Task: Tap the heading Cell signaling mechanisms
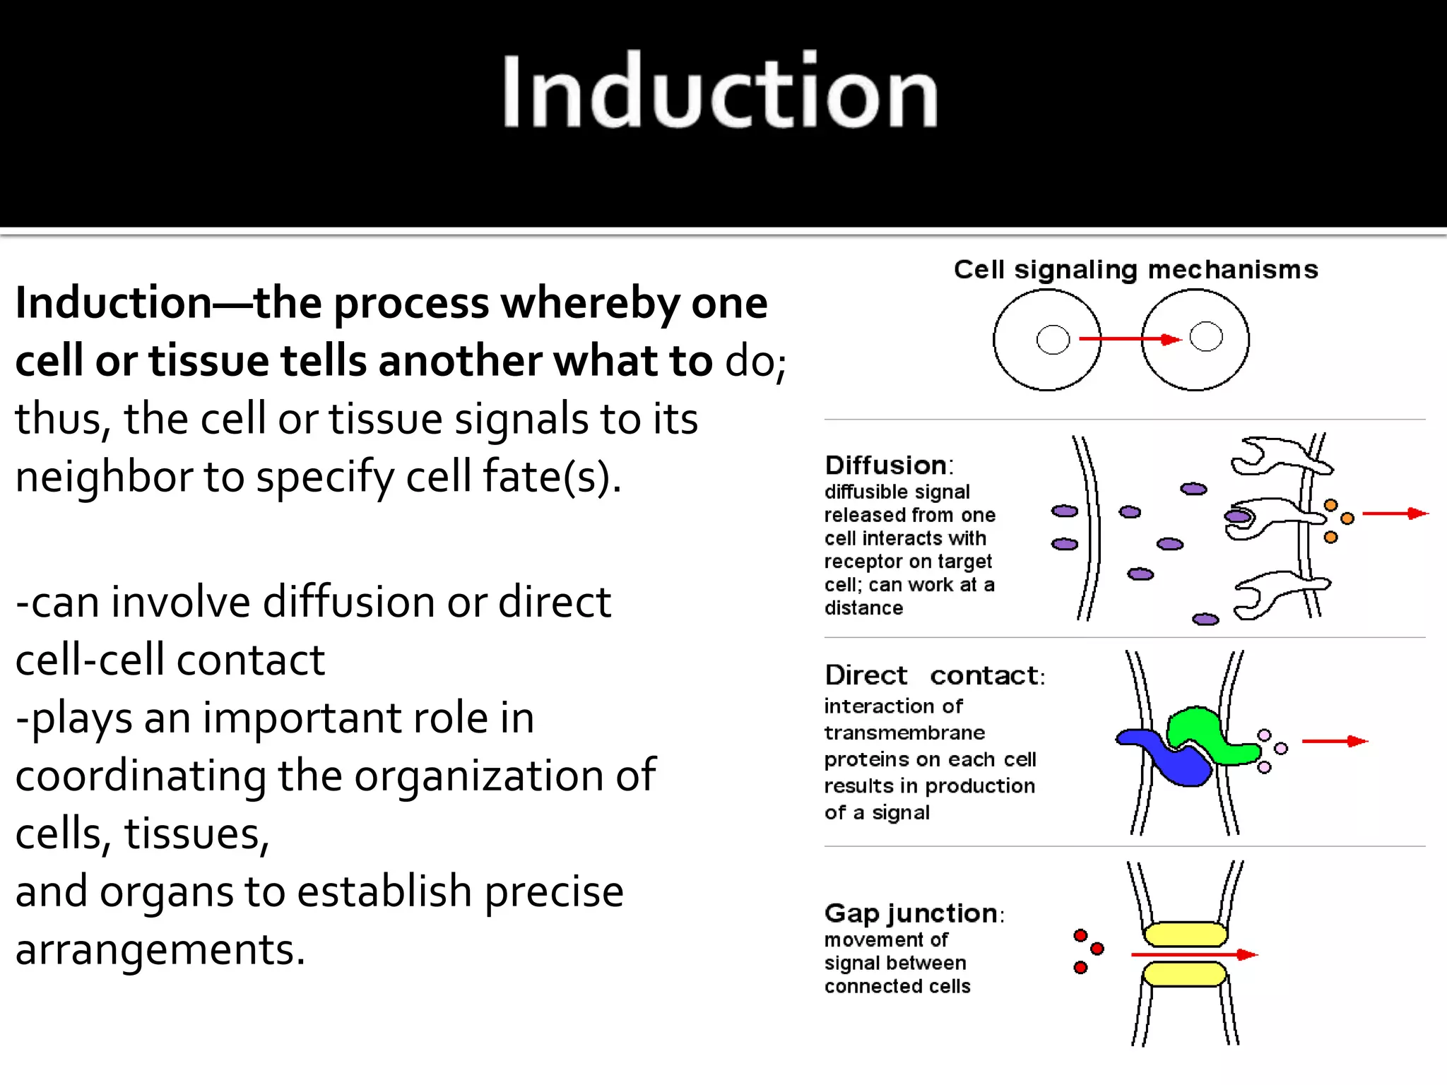(1135, 270)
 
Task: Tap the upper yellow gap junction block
(1185, 935)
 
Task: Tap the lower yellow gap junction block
(1184, 975)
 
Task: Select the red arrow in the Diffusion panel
(1395, 514)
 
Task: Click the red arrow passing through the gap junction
(1194, 955)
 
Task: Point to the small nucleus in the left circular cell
(1053, 340)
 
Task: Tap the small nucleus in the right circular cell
(1205, 336)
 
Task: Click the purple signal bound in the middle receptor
(1238, 516)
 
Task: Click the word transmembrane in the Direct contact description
(904, 733)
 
